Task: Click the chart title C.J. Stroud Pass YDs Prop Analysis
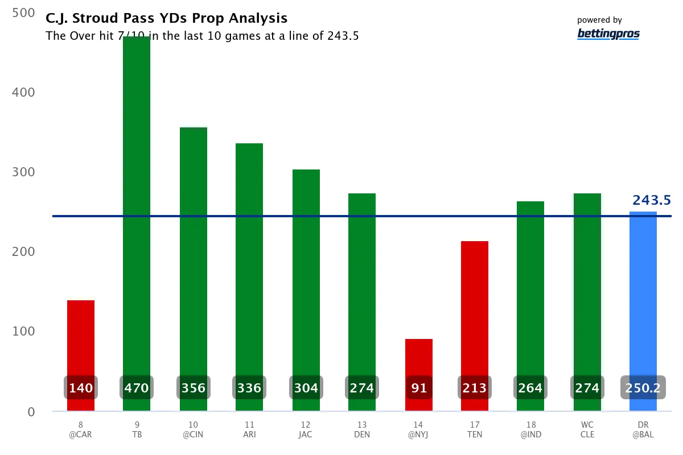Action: (166, 19)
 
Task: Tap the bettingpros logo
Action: (608, 34)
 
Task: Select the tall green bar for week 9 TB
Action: (137, 205)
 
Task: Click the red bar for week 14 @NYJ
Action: (418, 358)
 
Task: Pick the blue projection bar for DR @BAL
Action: (643, 296)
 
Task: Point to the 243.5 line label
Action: (651, 200)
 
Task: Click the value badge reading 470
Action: (137, 388)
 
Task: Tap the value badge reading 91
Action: (418, 388)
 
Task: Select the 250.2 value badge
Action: (643, 388)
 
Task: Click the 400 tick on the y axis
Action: (23, 92)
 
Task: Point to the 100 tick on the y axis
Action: (23, 332)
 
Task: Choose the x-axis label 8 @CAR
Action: (81, 429)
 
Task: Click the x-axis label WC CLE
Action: (587, 429)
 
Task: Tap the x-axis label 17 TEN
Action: (474, 429)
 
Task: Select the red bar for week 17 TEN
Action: (474, 307)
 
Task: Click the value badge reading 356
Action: (193, 388)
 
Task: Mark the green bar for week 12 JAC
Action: (306, 273)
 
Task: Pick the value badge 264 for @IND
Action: (530, 388)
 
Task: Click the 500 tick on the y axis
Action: (23, 13)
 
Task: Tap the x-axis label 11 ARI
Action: (249, 429)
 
